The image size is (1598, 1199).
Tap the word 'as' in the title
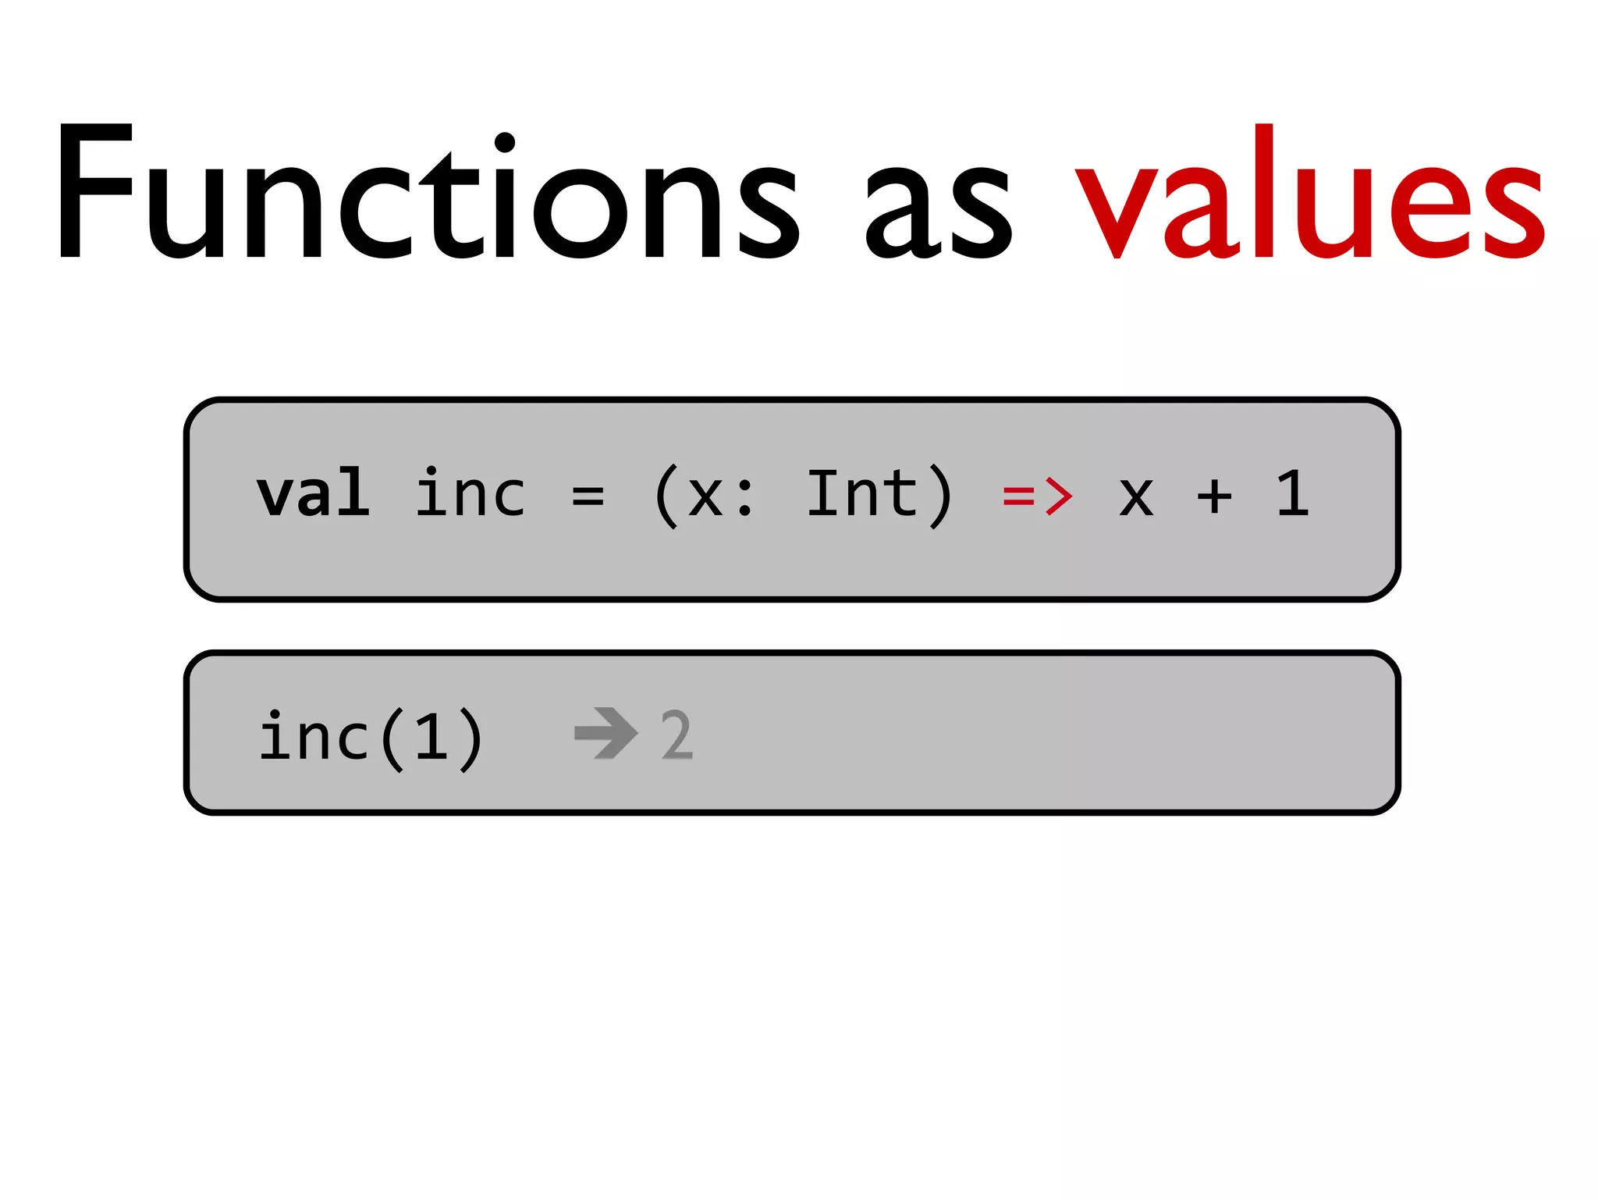[939, 211]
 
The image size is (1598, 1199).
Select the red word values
[1310, 195]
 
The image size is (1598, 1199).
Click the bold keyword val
[313, 493]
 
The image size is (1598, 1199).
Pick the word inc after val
[471, 493]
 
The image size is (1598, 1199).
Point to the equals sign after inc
[588, 496]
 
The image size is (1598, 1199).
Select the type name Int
[861, 493]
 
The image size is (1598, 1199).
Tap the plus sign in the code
[1214, 496]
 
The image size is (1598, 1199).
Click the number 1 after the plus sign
[1293, 493]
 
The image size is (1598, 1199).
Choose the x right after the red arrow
[1136, 498]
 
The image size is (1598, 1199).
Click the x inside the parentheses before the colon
[705, 498]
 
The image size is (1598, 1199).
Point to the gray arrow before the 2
[605, 733]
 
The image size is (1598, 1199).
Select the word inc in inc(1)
[314, 736]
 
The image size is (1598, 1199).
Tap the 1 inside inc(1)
[431, 736]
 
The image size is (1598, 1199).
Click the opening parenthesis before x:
[666, 496]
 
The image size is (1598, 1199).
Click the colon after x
[745, 498]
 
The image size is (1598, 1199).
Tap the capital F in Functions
[94, 191]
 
